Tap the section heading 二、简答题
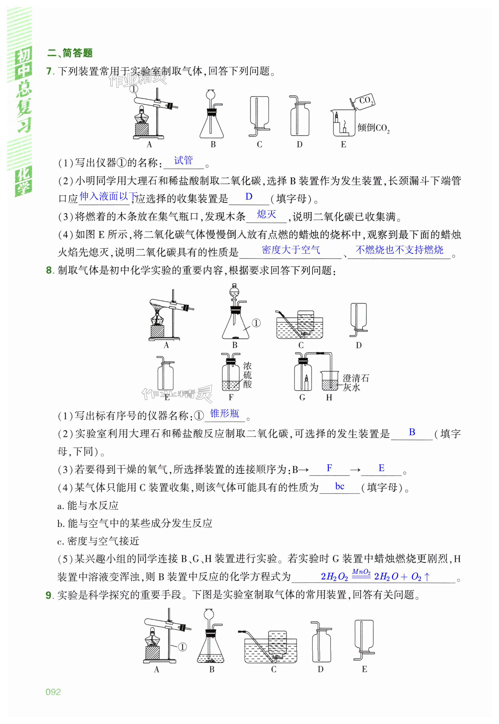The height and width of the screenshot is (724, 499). (70, 53)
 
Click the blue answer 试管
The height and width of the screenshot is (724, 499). (183, 161)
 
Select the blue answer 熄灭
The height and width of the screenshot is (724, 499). (266, 214)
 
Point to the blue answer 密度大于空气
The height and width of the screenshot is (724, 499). (291, 250)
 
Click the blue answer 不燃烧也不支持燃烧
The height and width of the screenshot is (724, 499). (399, 250)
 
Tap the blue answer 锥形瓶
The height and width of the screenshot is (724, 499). (225, 414)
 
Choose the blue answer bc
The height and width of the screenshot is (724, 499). (340, 487)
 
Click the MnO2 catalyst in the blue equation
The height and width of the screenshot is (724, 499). (361, 572)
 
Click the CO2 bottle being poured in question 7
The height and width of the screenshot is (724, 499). (364, 101)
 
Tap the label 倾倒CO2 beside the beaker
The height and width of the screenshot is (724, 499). (373, 128)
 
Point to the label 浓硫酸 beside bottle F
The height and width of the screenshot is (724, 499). (247, 375)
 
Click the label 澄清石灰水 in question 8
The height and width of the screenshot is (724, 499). (356, 383)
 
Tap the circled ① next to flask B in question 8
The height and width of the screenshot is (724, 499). (256, 323)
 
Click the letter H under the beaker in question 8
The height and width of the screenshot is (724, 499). (329, 397)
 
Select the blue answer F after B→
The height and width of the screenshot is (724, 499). (329, 468)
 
